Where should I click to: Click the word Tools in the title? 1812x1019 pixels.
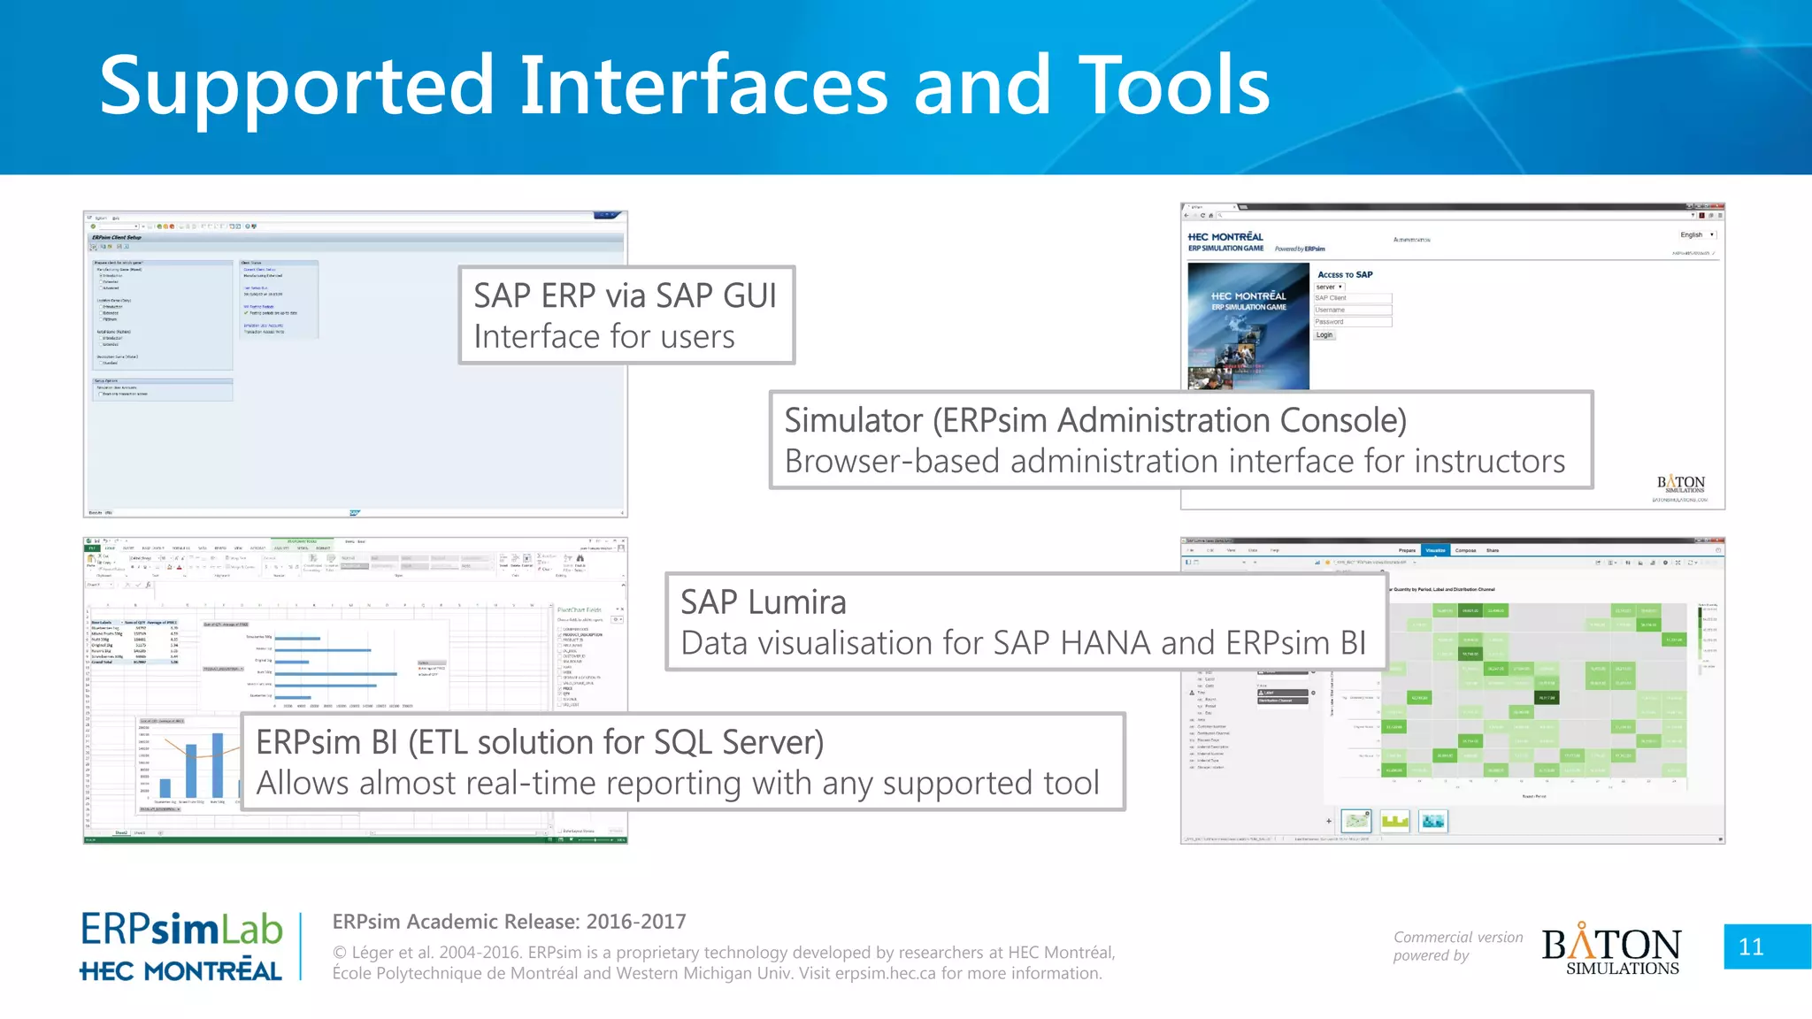[1173, 86]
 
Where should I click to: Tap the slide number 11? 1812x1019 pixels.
[1751, 947]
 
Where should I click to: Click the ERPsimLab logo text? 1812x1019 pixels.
[181, 930]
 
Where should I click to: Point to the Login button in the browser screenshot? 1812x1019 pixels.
[1324, 335]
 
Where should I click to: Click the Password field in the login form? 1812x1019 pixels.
[1352, 322]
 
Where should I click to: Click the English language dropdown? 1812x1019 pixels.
[1696, 235]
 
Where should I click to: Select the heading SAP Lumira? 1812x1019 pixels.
[763, 602]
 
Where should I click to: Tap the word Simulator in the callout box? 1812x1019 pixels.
[853, 421]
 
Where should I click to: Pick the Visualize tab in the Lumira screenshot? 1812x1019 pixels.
[1435, 550]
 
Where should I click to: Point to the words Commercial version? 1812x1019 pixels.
[1457, 937]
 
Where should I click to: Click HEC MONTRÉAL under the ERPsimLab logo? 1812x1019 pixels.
[181, 971]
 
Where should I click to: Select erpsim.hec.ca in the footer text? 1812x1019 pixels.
[885, 974]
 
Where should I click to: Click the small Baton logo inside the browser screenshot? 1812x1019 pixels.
[1680, 485]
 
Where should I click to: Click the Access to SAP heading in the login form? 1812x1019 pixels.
[1345, 275]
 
